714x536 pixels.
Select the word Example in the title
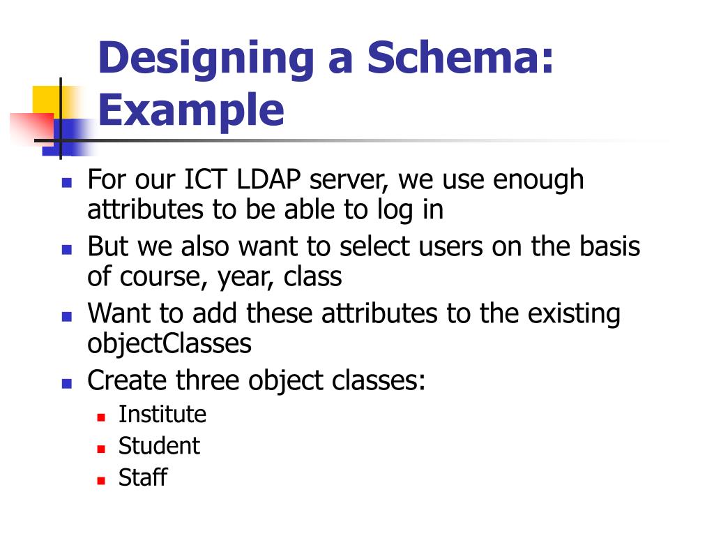191,110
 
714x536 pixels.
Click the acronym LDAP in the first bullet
268,179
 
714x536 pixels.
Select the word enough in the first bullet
539,179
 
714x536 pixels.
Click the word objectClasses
169,344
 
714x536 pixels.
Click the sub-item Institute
162,414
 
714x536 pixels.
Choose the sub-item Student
159,445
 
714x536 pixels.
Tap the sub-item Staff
143,477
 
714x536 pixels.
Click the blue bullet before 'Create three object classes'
67,383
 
